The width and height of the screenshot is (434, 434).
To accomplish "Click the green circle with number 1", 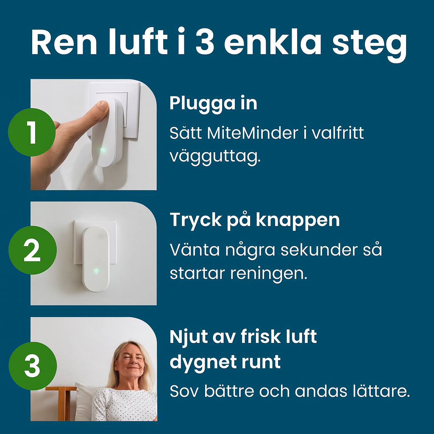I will pyautogui.click(x=32, y=132).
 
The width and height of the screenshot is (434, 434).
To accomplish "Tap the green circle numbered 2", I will pyautogui.click(x=32, y=250).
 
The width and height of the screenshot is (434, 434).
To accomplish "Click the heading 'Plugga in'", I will pyautogui.click(x=213, y=103).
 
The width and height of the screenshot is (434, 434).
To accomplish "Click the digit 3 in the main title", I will pyautogui.click(x=205, y=42).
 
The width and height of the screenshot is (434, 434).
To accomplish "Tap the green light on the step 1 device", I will pyautogui.click(x=102, y=150).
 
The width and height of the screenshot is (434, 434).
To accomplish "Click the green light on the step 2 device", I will pyautogui.click(x=96, y=270).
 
